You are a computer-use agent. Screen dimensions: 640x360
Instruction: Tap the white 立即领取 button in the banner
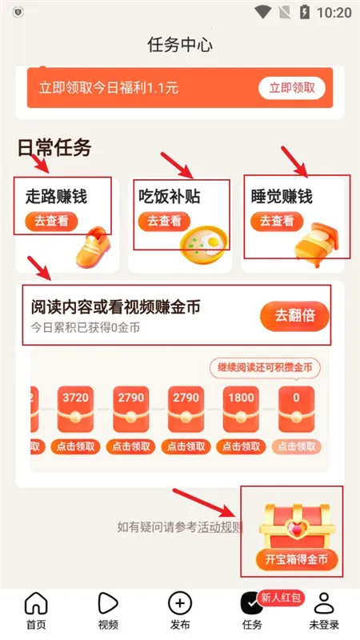tap(291, 88)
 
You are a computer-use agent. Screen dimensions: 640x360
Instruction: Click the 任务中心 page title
tap(180, 44)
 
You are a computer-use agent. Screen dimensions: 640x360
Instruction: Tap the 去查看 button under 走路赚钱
tap(52, 221)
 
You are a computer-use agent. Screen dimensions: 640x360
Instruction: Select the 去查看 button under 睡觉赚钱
tap(277, 221)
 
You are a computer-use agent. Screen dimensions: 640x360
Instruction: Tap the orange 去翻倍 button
tap(294, 316)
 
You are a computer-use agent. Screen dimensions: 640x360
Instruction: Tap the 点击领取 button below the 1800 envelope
tap(241, 446)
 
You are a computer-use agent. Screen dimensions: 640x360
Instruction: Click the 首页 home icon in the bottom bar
tap(36, 604)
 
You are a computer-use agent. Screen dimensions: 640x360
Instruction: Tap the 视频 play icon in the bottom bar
tap(108, 604)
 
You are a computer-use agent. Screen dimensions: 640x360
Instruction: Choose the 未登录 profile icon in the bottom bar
tap(323, 604)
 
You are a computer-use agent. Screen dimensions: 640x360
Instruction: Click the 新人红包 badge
tap(287, 598)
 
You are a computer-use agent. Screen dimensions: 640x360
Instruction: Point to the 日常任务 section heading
tap(54, 147)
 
